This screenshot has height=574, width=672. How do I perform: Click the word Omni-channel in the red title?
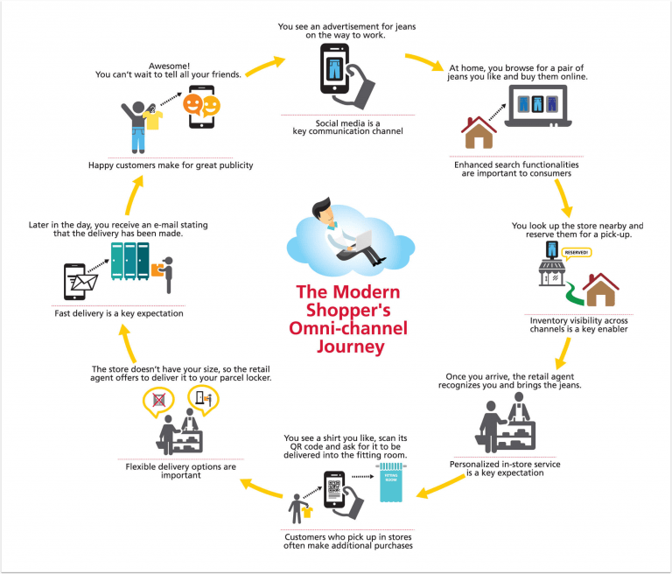[335, 328]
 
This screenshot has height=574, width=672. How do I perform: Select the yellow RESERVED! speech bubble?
[576, 253]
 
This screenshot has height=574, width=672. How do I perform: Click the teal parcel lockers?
[129, 260]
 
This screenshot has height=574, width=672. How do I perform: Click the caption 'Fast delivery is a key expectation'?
[119, 313]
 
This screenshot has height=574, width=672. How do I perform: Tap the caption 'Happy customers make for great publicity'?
[171, 165]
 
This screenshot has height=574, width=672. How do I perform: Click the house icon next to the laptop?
[478, 133]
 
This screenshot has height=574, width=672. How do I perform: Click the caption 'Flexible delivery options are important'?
[180, 472]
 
